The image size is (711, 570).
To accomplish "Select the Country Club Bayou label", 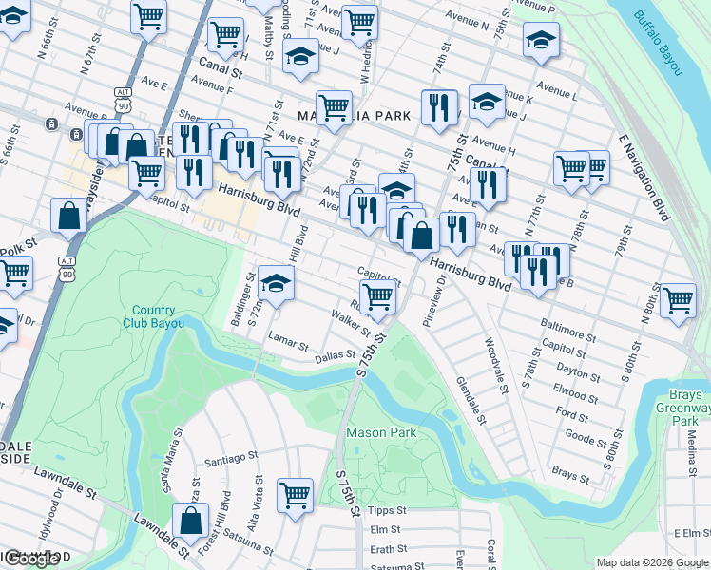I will pos(153,316).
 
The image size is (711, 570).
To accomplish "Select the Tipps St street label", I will pos(387,510).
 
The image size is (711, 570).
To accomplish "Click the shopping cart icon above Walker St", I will pos(378,296).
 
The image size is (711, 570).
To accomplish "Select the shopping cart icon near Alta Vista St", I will pos(296,494).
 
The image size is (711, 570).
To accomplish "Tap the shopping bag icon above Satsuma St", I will pos(191,521).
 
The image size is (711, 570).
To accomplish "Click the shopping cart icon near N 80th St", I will pos(678,300).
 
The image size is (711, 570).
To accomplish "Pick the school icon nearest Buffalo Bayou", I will pos(541,41).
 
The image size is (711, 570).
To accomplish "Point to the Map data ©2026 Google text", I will pos(652,562).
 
